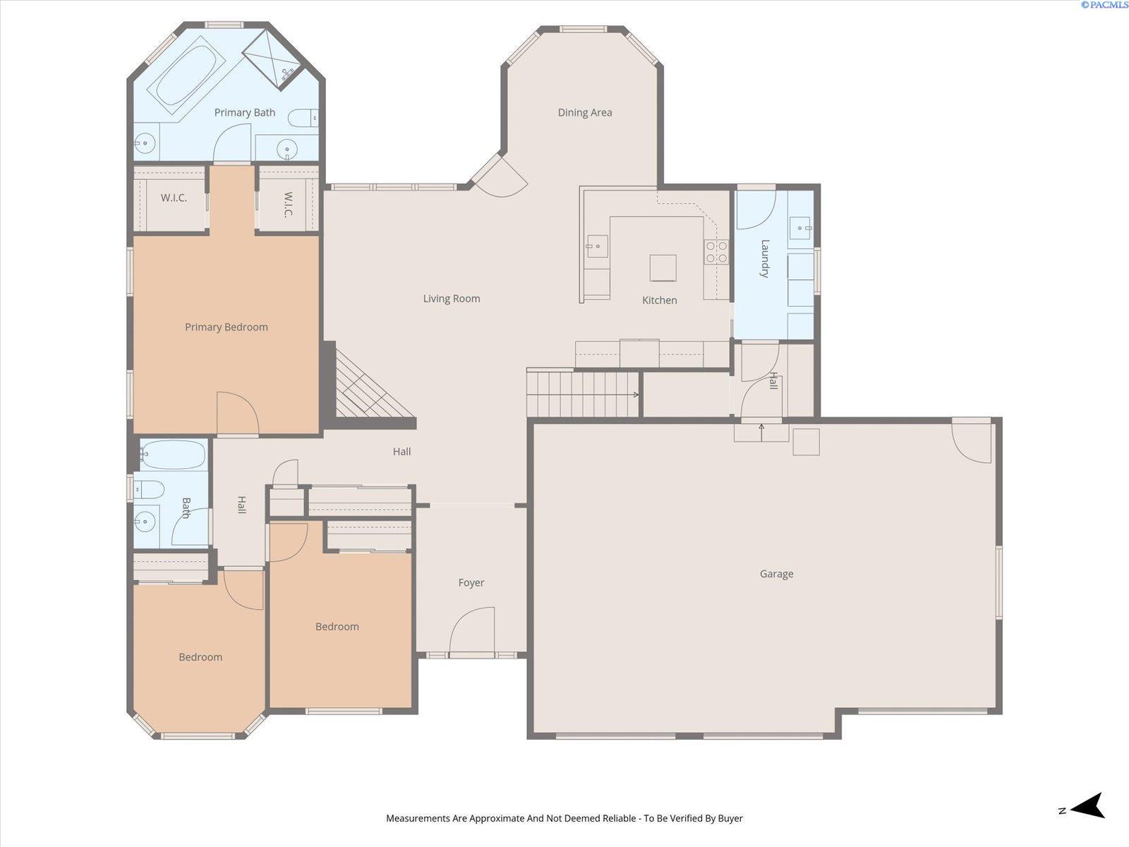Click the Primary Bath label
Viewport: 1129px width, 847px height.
click(244, 112)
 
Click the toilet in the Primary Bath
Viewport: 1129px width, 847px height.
click(303, 118)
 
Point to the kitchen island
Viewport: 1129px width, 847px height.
click(663, 268)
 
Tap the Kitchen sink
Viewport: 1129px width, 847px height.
click(596, 246)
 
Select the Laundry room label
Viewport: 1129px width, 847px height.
click(764, 258)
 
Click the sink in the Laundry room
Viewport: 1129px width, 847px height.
click(800, 227)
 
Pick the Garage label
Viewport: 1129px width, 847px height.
click(776, 574)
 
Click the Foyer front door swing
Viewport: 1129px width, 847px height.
click(471, 631)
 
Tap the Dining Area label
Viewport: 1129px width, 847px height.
click(584, 112)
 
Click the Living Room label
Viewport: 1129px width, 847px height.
click(452, 299)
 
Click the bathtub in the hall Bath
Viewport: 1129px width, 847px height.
click(174, 455)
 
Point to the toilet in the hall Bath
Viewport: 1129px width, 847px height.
click(150, 488)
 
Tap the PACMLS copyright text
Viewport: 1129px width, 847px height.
click(1104, 5)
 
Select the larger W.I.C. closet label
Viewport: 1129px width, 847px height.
click(174, 198)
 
